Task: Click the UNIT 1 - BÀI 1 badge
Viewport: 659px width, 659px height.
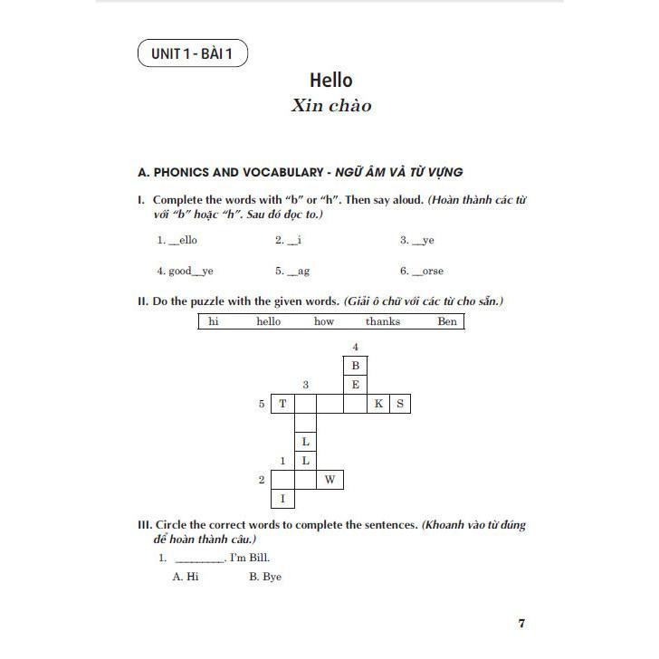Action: [193, 54]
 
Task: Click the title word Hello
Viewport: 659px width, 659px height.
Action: [330, 81]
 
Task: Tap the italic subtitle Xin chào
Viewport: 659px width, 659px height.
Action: [330, 106]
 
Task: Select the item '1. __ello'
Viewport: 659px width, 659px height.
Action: [177, 241]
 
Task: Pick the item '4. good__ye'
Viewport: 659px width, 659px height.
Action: [185, 272]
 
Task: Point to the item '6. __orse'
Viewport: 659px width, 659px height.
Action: [422, 272]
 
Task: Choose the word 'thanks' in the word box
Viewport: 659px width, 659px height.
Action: [383, 321]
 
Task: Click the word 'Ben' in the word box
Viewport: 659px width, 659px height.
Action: [447, 321]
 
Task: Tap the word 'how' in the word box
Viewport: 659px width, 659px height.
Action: [323, 321]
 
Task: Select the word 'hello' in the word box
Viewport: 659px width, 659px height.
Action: [269, 321]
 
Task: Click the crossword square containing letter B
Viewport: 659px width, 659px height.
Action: [356, 366]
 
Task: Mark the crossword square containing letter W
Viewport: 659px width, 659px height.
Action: [330, 480]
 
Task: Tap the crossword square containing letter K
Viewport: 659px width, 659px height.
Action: [378, 404]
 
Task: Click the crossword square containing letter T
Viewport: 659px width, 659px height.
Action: [283, 404]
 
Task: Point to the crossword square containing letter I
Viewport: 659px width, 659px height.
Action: [283, 499]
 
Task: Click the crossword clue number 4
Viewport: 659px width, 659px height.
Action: [356, 347]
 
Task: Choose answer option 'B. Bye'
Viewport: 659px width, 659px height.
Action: [265, 577]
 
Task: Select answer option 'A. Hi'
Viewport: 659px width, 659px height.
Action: [186, 577]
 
